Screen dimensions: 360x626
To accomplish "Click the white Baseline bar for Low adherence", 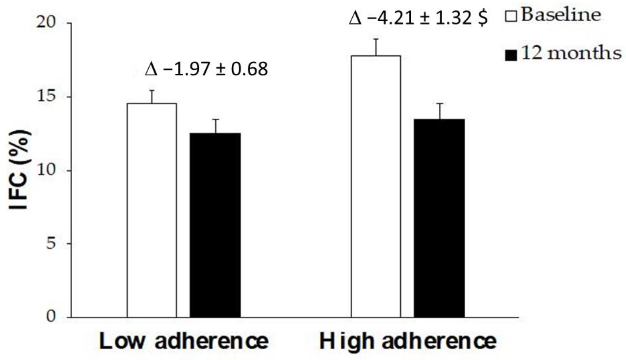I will tap(152, 210).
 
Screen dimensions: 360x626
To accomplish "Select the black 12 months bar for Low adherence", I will tap(215, 225).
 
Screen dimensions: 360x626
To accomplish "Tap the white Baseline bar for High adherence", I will tap(376, 186).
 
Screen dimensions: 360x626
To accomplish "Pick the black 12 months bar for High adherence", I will tap(439, 218).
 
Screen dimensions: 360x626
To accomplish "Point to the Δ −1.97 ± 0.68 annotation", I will tap(206, 70).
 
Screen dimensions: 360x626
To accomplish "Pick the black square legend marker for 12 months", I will tap(511, 56).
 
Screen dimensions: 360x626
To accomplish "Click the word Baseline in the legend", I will tap(561, 15).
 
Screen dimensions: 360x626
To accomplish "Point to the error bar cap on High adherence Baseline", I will tap(376, 39).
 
